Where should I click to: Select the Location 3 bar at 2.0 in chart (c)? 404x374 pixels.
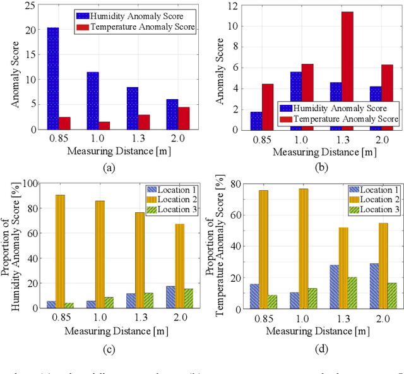[x=189, y=299]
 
